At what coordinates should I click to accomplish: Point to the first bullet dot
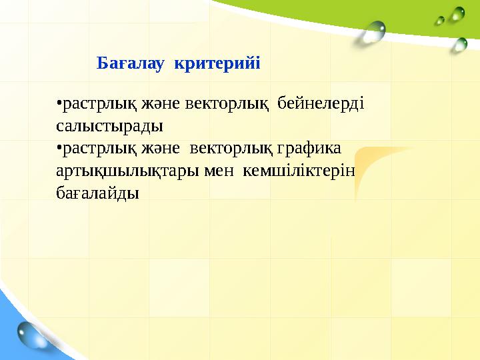coord(59,103)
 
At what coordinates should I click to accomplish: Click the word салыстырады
coord(110,126)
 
